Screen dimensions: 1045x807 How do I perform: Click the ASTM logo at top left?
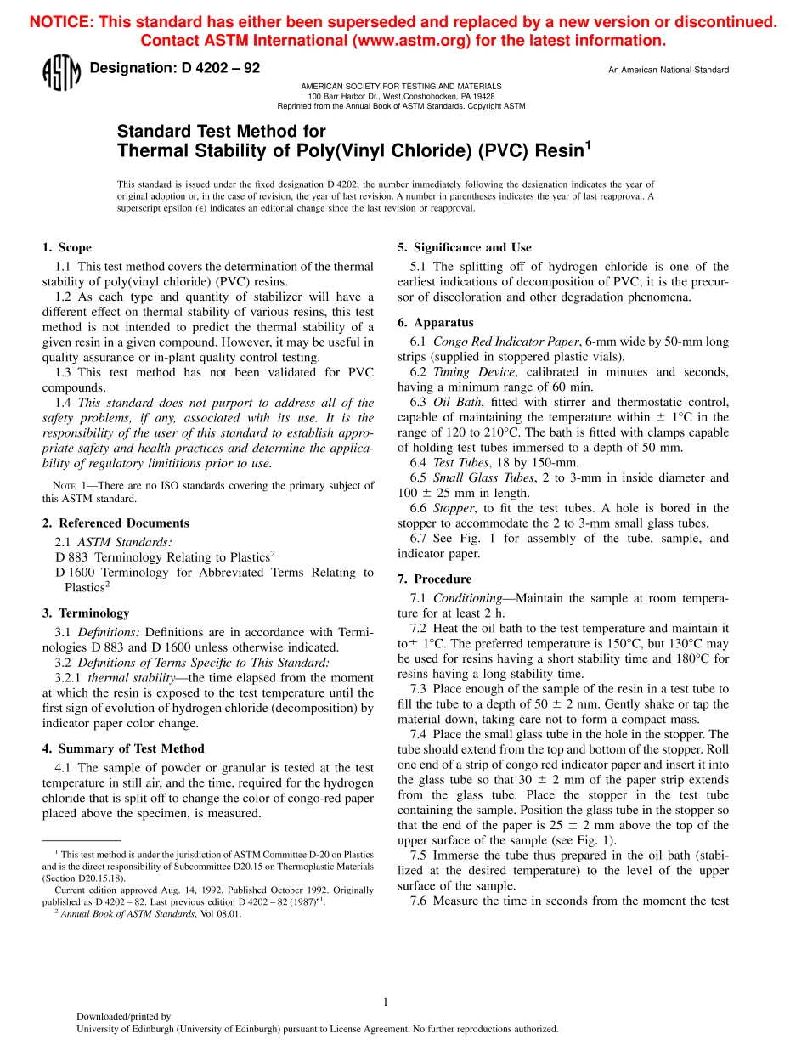click(61, 73)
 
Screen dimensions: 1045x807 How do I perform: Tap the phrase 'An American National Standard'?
click(668, 70)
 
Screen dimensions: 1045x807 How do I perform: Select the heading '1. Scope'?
click(67, 248)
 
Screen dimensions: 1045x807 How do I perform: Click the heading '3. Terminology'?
click(86, 613)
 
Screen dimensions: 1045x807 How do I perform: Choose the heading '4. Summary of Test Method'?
click(123, 748)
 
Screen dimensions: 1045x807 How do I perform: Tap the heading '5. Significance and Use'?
click(465, 248)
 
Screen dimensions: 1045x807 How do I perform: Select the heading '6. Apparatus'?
click(436, 323)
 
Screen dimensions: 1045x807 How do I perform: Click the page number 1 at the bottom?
click(386, 1003)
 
